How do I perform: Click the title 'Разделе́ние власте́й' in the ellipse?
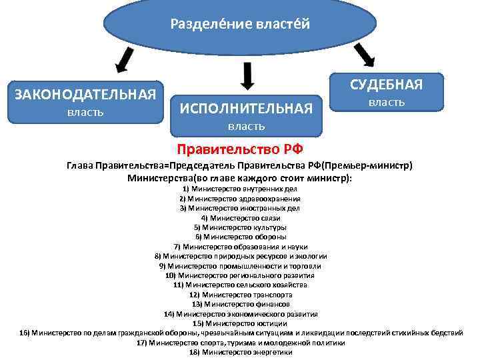(x=240, y=24)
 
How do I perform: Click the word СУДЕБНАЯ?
(x=386, y=85)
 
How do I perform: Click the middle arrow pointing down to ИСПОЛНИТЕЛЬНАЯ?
(x=247, y=75)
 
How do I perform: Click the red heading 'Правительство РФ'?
(x=239, y=149)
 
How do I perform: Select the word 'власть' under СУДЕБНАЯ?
(x=387, y=102)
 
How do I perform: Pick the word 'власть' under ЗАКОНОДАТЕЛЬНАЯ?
(x=85, y=111)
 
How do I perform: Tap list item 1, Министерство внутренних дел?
(x=239, y=189)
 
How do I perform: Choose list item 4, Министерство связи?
(x=240, y=218)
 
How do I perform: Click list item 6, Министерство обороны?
(x=240, y=237)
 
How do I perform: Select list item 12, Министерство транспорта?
(x=240, y=294)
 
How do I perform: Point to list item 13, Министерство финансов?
(x=240, y=304)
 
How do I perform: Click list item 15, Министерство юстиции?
(x=240, y=323)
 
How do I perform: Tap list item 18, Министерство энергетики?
(x=240, y=352)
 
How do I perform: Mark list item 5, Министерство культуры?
(x=240, y=227)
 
